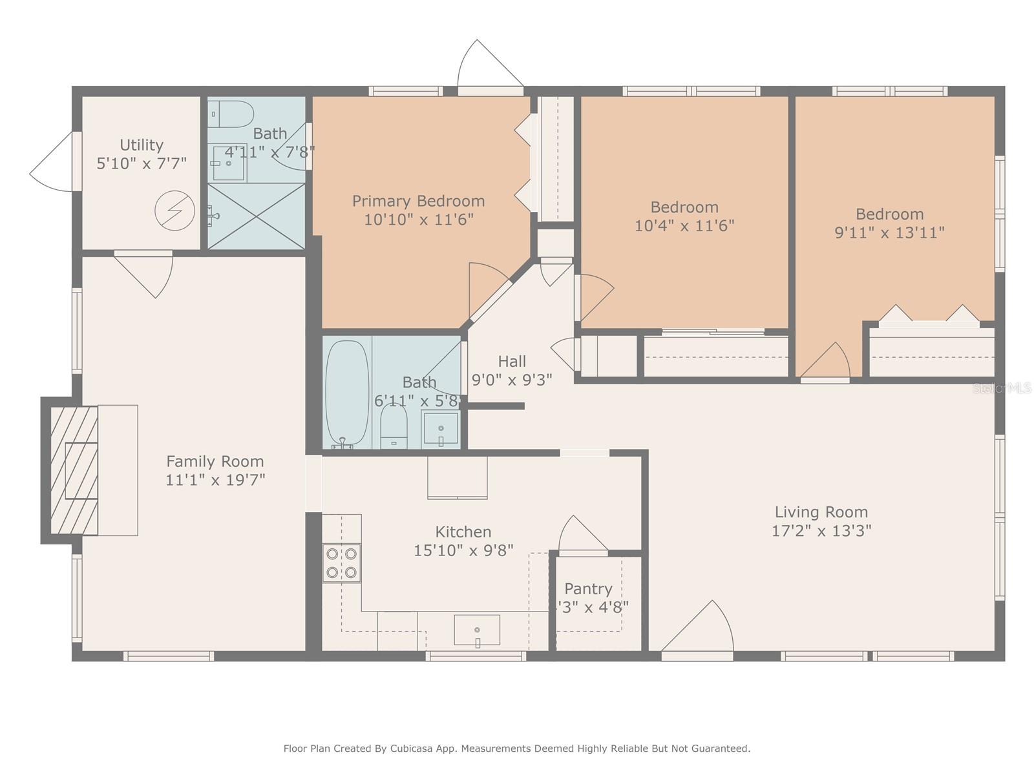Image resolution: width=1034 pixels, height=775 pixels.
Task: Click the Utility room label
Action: pos(142,145)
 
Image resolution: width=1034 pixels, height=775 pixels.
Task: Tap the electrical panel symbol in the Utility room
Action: pos(174,211)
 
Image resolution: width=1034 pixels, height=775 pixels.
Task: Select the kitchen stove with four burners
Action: pos(341,563)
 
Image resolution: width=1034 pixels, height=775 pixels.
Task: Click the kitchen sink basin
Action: pos(477,630)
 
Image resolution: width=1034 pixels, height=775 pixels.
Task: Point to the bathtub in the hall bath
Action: pos(347,393)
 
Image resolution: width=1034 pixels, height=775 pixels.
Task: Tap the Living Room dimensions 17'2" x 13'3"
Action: pos(821,531)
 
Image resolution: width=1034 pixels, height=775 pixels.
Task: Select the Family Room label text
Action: pos(215,461)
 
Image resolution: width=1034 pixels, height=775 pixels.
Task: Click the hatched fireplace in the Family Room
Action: pos(74,470)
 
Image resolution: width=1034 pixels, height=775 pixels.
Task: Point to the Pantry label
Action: pos(588,588)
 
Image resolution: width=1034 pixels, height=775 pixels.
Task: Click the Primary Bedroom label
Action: pos(418,201)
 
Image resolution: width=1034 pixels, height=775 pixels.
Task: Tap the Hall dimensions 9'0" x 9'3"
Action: pos(512,380)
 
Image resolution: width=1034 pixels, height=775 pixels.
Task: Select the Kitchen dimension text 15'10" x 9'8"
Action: pos(463,550)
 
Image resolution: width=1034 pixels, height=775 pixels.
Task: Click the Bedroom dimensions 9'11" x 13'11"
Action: pos(889,232)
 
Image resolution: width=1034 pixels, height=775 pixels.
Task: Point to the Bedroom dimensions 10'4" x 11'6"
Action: pos(684,226)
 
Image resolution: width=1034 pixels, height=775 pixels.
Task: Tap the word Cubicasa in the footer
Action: pos(408,748)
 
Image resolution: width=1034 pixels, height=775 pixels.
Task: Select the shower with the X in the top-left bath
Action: pos(257,216)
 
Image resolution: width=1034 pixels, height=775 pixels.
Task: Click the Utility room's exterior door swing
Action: pos(52,162)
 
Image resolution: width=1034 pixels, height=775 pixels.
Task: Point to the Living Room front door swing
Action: pos(698,626)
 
